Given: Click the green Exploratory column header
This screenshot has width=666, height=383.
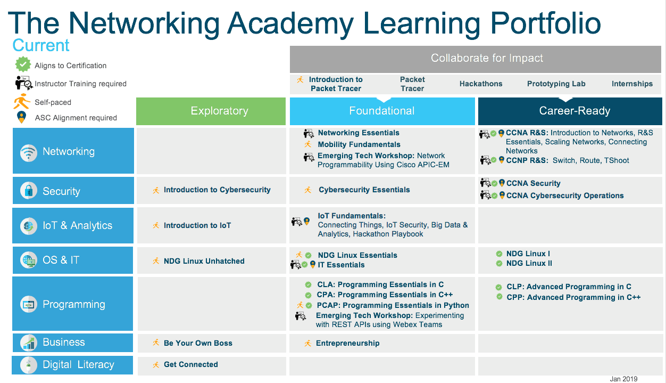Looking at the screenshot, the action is click(x=211, y=111).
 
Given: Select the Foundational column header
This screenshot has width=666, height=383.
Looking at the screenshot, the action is click(x=382, y=111).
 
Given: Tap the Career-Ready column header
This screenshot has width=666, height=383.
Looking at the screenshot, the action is click(x=570, y=111).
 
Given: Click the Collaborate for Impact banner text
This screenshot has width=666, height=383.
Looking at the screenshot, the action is click(x=487, y=58).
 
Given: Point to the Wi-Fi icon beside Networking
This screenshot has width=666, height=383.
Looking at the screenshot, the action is click(x=29, y=153).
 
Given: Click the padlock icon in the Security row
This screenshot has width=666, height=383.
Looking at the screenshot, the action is click(x=29, y=191).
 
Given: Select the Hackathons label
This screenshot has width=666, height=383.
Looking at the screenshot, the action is click(x=481, y=84).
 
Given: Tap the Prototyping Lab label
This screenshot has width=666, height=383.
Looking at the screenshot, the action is click(x=556, y=84).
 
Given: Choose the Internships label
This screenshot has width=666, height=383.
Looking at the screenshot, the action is click(x=632, y=84).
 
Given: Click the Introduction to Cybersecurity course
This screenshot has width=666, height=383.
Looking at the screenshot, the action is click(x=217, y=190).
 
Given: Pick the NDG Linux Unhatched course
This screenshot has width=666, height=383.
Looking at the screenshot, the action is click(x=204, y=261).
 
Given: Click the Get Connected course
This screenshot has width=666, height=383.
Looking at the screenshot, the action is click(x=191, y=364).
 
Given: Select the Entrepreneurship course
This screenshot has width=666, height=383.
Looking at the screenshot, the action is click(x=347, y=343).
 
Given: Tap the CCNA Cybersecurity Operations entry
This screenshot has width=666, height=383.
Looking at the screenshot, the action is click(x=565, y=195).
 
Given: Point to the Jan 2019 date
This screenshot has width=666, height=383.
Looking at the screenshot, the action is click(x=624, y=379).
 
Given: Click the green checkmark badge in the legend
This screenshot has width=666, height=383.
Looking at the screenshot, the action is click(x=23, y=64).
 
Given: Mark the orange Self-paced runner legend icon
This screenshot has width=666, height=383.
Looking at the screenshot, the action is click(x=22, y=101).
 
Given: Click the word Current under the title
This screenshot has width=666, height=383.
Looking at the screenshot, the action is click(x=41, y=45).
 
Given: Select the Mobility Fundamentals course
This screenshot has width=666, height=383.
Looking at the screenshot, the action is click(x=359, y=144).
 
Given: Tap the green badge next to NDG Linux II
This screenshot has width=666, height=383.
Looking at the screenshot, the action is click(x=499, y=264).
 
